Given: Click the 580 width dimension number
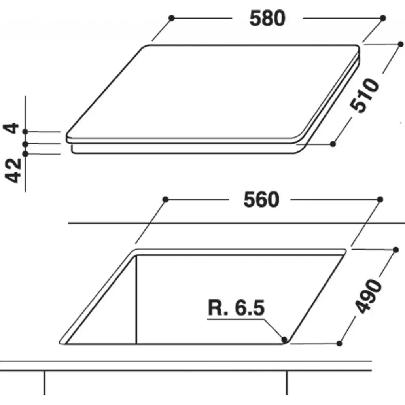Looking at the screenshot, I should point(267,18).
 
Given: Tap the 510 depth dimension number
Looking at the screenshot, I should point(365,96).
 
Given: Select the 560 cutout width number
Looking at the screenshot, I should point(261,200).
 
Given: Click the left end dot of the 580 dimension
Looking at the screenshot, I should point(171,18).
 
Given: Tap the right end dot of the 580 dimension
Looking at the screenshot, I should point(382,18).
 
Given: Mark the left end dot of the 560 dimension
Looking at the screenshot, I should point(166,199).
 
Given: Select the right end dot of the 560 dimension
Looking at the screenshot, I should point(380,199).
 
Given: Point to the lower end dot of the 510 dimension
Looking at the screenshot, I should point(333,144).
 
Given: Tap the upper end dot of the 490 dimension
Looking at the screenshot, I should point(396,250).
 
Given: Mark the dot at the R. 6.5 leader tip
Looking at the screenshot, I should point(284,339).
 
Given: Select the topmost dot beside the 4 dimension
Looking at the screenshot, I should point(26,131).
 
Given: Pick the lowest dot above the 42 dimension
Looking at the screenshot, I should point(26,153).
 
